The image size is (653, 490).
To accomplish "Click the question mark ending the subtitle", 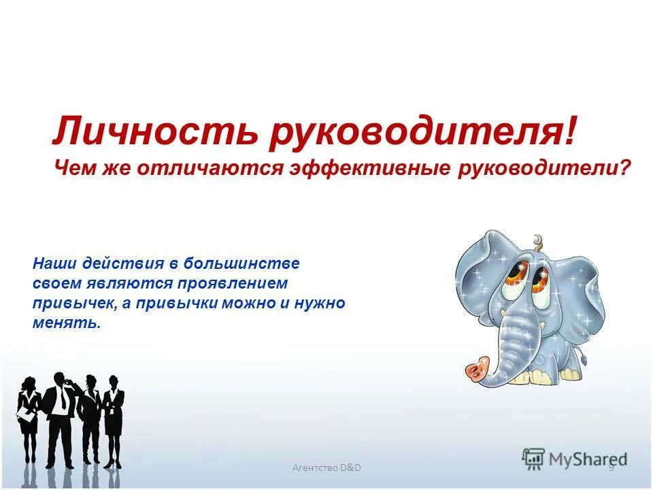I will coord(625,167).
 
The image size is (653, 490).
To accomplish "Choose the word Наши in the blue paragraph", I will coord(54,263).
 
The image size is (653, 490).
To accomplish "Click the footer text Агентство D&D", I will coord(326,468).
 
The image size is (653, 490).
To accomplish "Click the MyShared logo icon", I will coord(534,459).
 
